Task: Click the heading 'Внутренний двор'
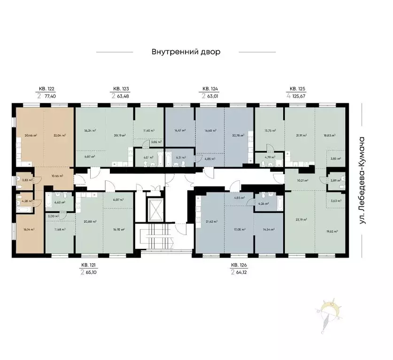185,52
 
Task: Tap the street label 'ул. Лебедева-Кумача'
362,180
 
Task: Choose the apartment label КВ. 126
239,265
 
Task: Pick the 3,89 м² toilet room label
335,181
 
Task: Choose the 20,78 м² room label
239,135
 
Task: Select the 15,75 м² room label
270,130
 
